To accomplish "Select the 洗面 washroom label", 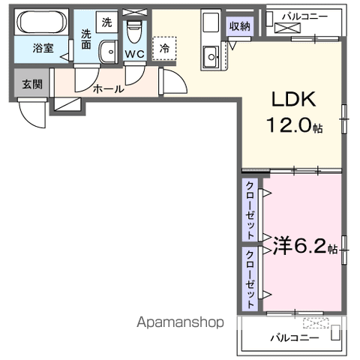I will [86, 40].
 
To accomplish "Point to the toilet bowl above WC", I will [135, 31].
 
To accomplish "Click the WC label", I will [135, 53].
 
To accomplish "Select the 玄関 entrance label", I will [31, 83].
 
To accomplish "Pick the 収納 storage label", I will [240, 27].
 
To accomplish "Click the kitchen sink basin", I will [211, 55].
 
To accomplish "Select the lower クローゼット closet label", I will [250, 274].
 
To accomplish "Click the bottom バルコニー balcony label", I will [295, 337].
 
